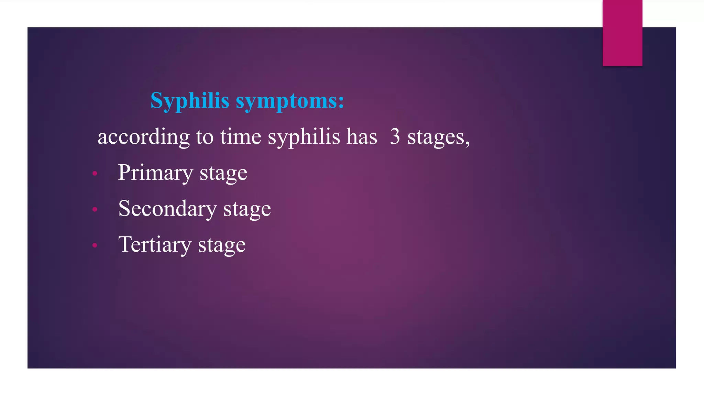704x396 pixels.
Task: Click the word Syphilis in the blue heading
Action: click(x=190, y=101)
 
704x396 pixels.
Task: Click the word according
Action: click(x=143, y=137)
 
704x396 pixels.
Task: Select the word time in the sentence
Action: click(x=241, y=137)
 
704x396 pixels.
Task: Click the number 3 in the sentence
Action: click(x=395, y=137)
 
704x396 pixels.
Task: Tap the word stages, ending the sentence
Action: click(x=438, y=137)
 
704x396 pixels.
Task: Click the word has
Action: click(x=362, y=137)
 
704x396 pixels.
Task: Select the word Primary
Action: click(x=155, y=173)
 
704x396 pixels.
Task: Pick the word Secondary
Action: click(x=167, y=209)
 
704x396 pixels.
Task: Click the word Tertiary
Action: click(x=155, y=245)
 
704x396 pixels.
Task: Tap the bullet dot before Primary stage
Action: click(x=95, y=174)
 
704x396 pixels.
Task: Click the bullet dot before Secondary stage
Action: click(x=95, y=209)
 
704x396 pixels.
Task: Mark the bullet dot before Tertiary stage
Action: click(x=95, y=245)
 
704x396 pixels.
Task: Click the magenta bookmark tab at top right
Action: click(x=622, y=33)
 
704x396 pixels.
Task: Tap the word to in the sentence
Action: click(x=205, y=137)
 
